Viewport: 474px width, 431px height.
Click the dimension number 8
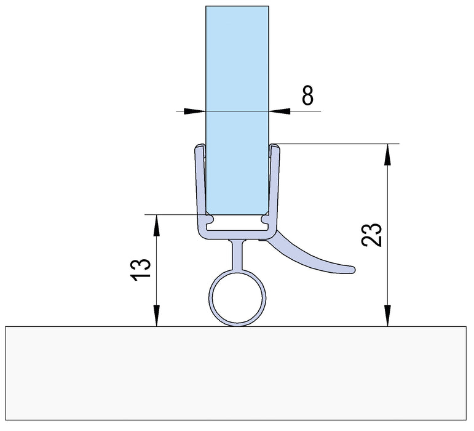pyautogui.click(x=307, y=96)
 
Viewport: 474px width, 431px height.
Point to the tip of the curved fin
pyautogui.click(x=352, y=268)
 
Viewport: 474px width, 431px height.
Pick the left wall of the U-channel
pyautogui.click(x=198, y=185)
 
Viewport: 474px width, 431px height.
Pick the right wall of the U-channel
pyautogui.click(x=275, y=185)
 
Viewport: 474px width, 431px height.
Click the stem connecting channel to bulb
pyautogui.click(x=237, y=252)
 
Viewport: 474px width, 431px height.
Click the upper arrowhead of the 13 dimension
pyautogui.click(x=157, y=222)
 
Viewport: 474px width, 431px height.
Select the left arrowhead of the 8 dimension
pyautogui.click(x=197, y=111)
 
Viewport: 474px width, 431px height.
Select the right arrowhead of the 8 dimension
pyautogui.click(x=277, y=111)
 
